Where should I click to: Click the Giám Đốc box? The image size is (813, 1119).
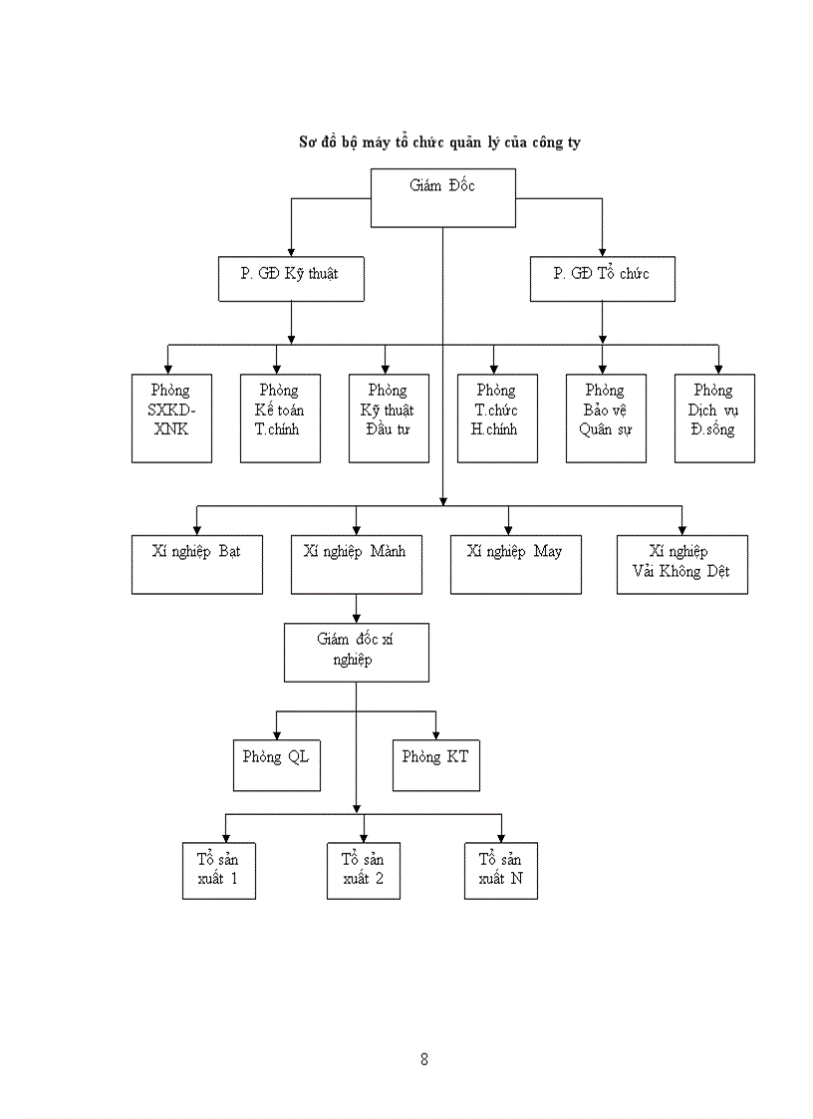click(443, 197)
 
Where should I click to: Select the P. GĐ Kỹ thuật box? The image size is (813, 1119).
click(291, 279)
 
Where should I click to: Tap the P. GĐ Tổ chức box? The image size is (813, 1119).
click(602, 279)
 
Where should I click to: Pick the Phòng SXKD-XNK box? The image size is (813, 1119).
click(172, 418)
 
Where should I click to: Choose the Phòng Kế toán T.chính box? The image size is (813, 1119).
click(280, 418)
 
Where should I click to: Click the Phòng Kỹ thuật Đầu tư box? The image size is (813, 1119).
click(389, 418)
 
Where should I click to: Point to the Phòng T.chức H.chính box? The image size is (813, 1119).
click(497, 418)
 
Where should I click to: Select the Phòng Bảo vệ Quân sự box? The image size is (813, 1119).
click(606, 418)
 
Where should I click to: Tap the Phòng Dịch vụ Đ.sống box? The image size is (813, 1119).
click(714, 418)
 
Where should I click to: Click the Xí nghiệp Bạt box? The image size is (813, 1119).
click(197, 564)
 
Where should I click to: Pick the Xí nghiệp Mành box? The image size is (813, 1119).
click(356, 564)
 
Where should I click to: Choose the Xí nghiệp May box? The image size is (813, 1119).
click(515, 564)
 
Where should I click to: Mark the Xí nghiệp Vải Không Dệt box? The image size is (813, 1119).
click(681, 564)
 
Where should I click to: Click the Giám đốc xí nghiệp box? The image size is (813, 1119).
click(356, 652)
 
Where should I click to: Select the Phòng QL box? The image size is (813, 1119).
click(276, 764)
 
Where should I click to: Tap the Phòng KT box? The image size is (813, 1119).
click(435, 764)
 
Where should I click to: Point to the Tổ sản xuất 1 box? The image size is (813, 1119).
click(218, 870)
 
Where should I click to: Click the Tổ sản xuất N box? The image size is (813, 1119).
click(500, 870)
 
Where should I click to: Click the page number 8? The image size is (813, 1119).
click(424, 1059)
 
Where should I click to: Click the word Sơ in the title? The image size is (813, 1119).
click(309, 141)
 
